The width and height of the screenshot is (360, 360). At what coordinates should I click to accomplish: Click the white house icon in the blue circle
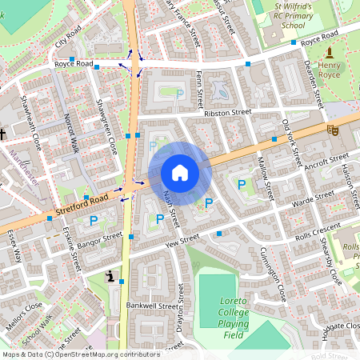180,173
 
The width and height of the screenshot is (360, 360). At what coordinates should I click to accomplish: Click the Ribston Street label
228,113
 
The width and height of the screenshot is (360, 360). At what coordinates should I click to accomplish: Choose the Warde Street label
314,196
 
